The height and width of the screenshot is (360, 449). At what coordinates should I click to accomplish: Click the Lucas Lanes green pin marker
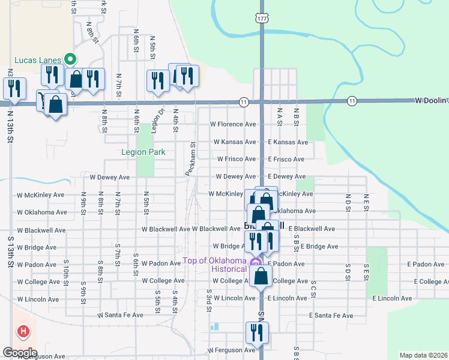[x=70, y=59]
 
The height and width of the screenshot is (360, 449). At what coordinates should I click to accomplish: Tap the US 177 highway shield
[x=261, y=19]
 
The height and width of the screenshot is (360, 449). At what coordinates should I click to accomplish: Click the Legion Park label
[x=143, y=152]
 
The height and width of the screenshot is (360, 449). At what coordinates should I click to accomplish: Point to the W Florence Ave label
[x=232, y=124]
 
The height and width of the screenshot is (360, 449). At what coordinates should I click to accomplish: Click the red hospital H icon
[x=23, y=331]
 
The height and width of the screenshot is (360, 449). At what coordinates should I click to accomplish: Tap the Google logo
[x=20, y=353]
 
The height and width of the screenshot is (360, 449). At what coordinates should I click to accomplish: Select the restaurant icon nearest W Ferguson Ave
[x=257, y=332]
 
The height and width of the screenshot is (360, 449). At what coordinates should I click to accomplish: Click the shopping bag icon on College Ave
[x=261, y=276]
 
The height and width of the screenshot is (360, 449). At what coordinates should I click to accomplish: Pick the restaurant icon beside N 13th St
[x=14, y=88]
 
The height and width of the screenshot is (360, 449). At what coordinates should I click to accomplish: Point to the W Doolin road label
[x=431, y=101]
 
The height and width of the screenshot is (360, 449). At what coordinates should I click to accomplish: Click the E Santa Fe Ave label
[x=331, y=315]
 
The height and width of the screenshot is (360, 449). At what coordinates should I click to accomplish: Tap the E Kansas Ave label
[x=288, y=142]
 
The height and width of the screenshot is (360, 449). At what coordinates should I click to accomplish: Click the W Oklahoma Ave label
[x=42, y=212]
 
